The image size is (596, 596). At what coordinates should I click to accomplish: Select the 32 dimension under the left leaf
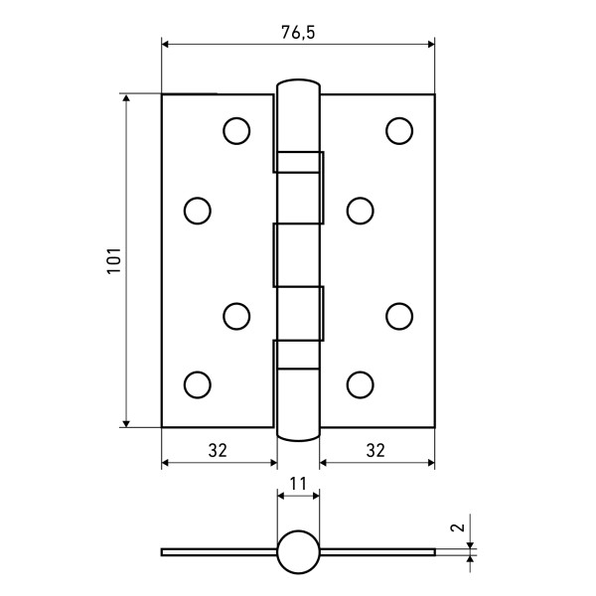(219, 450)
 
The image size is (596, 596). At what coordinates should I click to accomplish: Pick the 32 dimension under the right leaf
(375, 450)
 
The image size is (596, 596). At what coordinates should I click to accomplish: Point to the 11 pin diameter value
(298, 484)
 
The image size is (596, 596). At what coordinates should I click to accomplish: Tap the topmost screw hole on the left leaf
(235, 130)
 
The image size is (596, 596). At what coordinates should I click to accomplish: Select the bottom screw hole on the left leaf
(198, 383)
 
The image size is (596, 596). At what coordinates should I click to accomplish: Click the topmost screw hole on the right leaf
(398, 130)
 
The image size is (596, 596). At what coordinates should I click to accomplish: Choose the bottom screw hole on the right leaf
(360, 383)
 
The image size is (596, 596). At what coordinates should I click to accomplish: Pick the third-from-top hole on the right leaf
(398, 315)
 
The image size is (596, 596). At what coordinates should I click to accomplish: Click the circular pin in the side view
(298, 552)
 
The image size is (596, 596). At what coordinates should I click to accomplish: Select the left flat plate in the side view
(219, 551)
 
